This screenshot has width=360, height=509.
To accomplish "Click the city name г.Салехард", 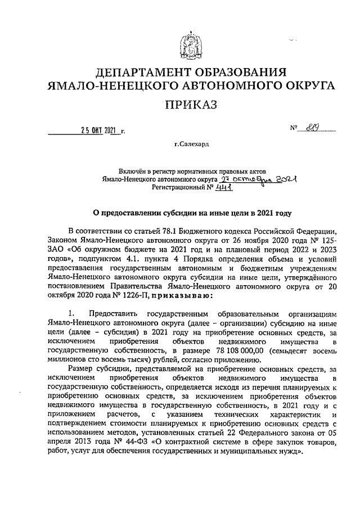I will (191, 145).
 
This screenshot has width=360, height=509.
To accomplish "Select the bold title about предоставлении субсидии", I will (191, 213).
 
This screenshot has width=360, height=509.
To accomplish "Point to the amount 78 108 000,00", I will (229, 349).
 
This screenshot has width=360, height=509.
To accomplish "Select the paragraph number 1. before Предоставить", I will (71, 313).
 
